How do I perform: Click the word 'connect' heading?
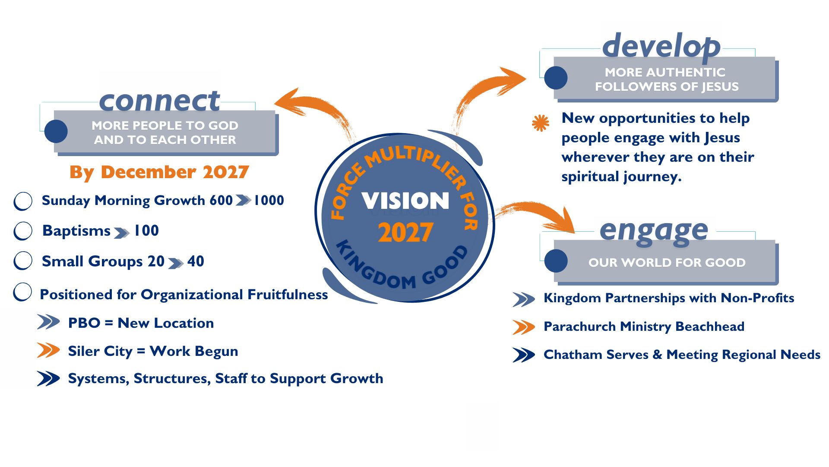(159, 101)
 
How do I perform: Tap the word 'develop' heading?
(661, 46)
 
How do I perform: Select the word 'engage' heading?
(654, 231)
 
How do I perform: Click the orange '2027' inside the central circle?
(405, 233)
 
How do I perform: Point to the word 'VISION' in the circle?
(405, 201)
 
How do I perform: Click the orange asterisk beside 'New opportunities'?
(541, 123)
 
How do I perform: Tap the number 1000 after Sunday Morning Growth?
(269, 200)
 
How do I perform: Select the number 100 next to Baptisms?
(146, 230)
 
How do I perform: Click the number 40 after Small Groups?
(196, 261)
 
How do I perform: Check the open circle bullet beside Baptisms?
(23, 230)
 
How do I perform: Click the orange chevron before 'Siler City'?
(48, 350)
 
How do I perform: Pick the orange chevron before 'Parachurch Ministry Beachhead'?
(524, 327)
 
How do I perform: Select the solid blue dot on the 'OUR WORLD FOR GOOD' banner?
(556, 261)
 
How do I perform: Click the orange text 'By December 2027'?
(159, 172)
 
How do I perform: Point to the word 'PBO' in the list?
(84, 323)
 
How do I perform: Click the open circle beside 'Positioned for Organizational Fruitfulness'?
(22, 292)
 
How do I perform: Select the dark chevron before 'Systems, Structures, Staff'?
(48, 378)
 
